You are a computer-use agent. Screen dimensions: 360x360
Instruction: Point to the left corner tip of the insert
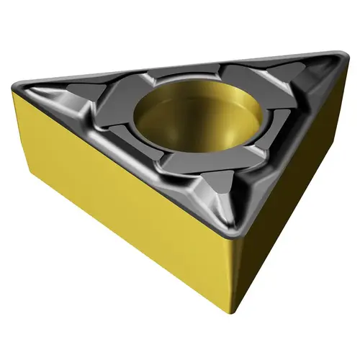(16, 85)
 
